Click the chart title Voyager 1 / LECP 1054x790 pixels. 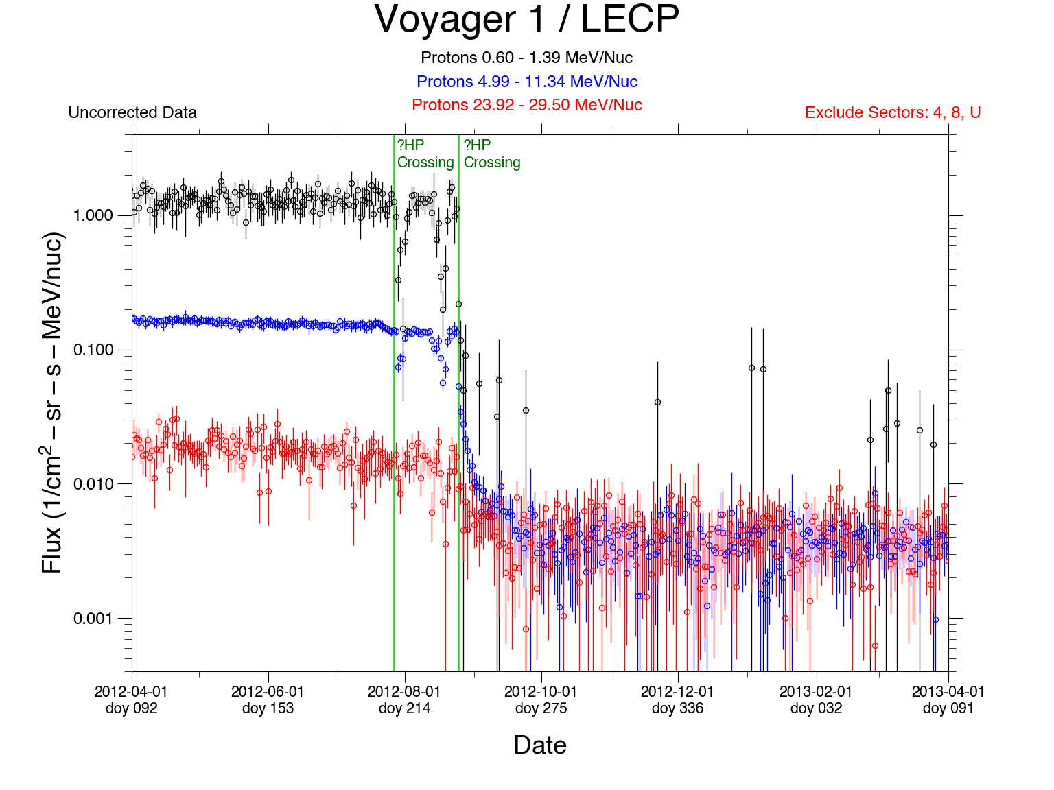(x=526, y=19)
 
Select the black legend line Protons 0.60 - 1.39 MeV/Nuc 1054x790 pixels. (x=526, y=58)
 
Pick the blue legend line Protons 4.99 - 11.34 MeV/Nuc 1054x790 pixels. (x=526, y=82)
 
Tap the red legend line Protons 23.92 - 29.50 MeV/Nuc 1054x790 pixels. (x=526, y=105)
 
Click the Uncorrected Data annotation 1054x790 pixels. (x=132, y=112)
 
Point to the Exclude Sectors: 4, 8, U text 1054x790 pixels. (x=893, y=112)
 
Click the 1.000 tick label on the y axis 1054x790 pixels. (x=93, y=215)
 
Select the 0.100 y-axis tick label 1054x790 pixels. (x=93, y=350)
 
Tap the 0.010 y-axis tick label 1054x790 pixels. (x=93, y=484)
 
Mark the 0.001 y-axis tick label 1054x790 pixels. (x=93, y=619)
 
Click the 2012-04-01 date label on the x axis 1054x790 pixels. (x=131, y=691)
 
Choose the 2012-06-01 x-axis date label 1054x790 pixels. (x=268, y=691)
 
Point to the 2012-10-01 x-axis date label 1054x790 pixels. (x=541, y=691)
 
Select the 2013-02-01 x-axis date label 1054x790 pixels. (x=816, y=691)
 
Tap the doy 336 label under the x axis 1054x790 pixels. (x=677, y=708)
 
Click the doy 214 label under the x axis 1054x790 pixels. (x=404, y=708)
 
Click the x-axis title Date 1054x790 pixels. (x=540, y=745)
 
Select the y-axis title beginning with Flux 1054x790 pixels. (x=53, y=403)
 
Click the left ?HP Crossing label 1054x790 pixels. (x=425, y=154)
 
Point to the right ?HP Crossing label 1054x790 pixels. (x=492, y=154)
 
